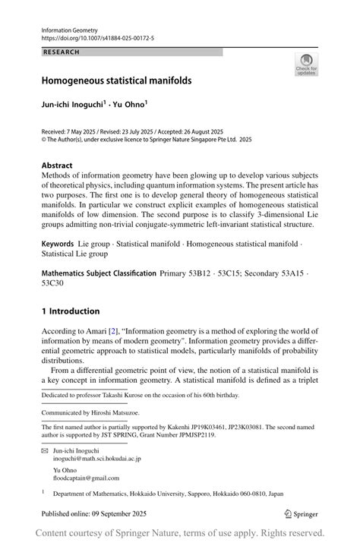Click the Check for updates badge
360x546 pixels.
(x=306, y=65)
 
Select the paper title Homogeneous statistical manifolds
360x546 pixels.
(x=116, y=80)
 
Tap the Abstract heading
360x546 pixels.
(x=57, y=166)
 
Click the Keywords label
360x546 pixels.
(x=61, y=245)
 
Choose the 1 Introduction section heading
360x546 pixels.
(x=71, y=311)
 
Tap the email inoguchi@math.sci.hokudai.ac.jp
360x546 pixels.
(x=96, y=459)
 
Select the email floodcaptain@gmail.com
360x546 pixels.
(x=86, y=478)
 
